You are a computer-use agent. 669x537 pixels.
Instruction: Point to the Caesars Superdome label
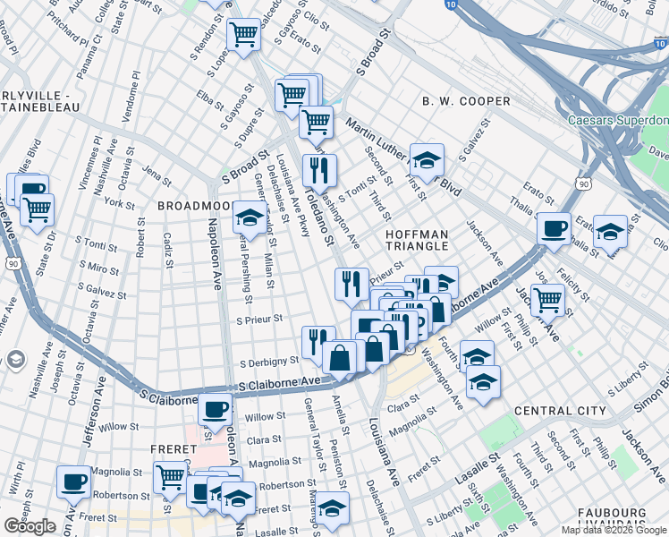pos(618,120)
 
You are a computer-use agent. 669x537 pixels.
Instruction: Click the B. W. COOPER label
pos(466,102)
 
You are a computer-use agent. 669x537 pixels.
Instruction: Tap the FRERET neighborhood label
pos(173,448)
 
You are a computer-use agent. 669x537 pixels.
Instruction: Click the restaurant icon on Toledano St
pos(319,169)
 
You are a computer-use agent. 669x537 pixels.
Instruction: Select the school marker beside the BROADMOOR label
pos(249,217)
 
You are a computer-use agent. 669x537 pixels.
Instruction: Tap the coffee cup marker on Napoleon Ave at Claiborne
pos(214,409)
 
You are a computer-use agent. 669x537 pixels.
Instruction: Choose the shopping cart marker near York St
pos(37,209)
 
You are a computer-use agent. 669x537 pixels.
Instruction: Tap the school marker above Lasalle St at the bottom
pos(333,507)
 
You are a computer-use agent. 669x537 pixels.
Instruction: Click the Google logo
pos(30,526)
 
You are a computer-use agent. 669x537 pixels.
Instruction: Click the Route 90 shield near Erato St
pos(583,183)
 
